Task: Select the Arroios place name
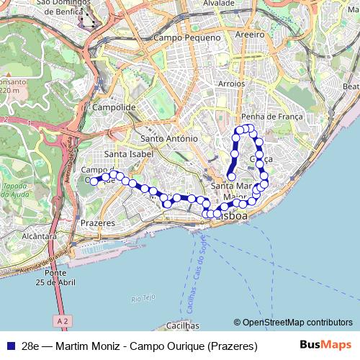[x=231, y=84]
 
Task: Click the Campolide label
[x=114, y=107]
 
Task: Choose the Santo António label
[x=169, y=138]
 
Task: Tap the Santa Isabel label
[x=126, y=154]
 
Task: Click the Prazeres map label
[x=98, y=223]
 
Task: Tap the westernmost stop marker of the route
[x=94, y=181]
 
